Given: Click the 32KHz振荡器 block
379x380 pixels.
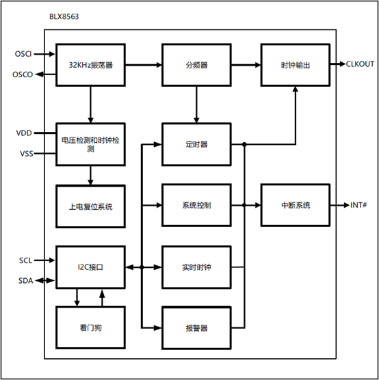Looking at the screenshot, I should [x=90, y=65].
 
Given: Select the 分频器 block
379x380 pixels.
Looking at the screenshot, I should [x=196, y=65].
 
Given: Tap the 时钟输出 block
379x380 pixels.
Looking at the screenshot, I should [x=296, y=65].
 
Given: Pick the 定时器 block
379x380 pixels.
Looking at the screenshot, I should [x=196, y=144].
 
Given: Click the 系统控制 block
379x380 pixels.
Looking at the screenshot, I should [x=196, y=205].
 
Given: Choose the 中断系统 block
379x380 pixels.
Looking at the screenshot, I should [x=296, y=205].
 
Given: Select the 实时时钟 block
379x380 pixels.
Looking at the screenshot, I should [x=196, y=267].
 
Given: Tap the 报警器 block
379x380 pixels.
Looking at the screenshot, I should [x=196, y=328].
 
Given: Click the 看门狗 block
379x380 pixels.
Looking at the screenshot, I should [x=90, y=328].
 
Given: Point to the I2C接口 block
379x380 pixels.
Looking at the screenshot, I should [x=90, y=267].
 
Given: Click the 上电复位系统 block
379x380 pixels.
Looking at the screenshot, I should [x=90, y=205].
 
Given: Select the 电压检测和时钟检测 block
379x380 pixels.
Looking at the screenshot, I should [x=90, y=144].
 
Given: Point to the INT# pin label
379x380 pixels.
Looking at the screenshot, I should [x=358, y=205].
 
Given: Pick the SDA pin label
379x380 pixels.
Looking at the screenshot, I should [x=25, y=280].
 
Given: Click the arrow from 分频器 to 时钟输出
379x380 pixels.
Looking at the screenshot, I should [x=246, y=65].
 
